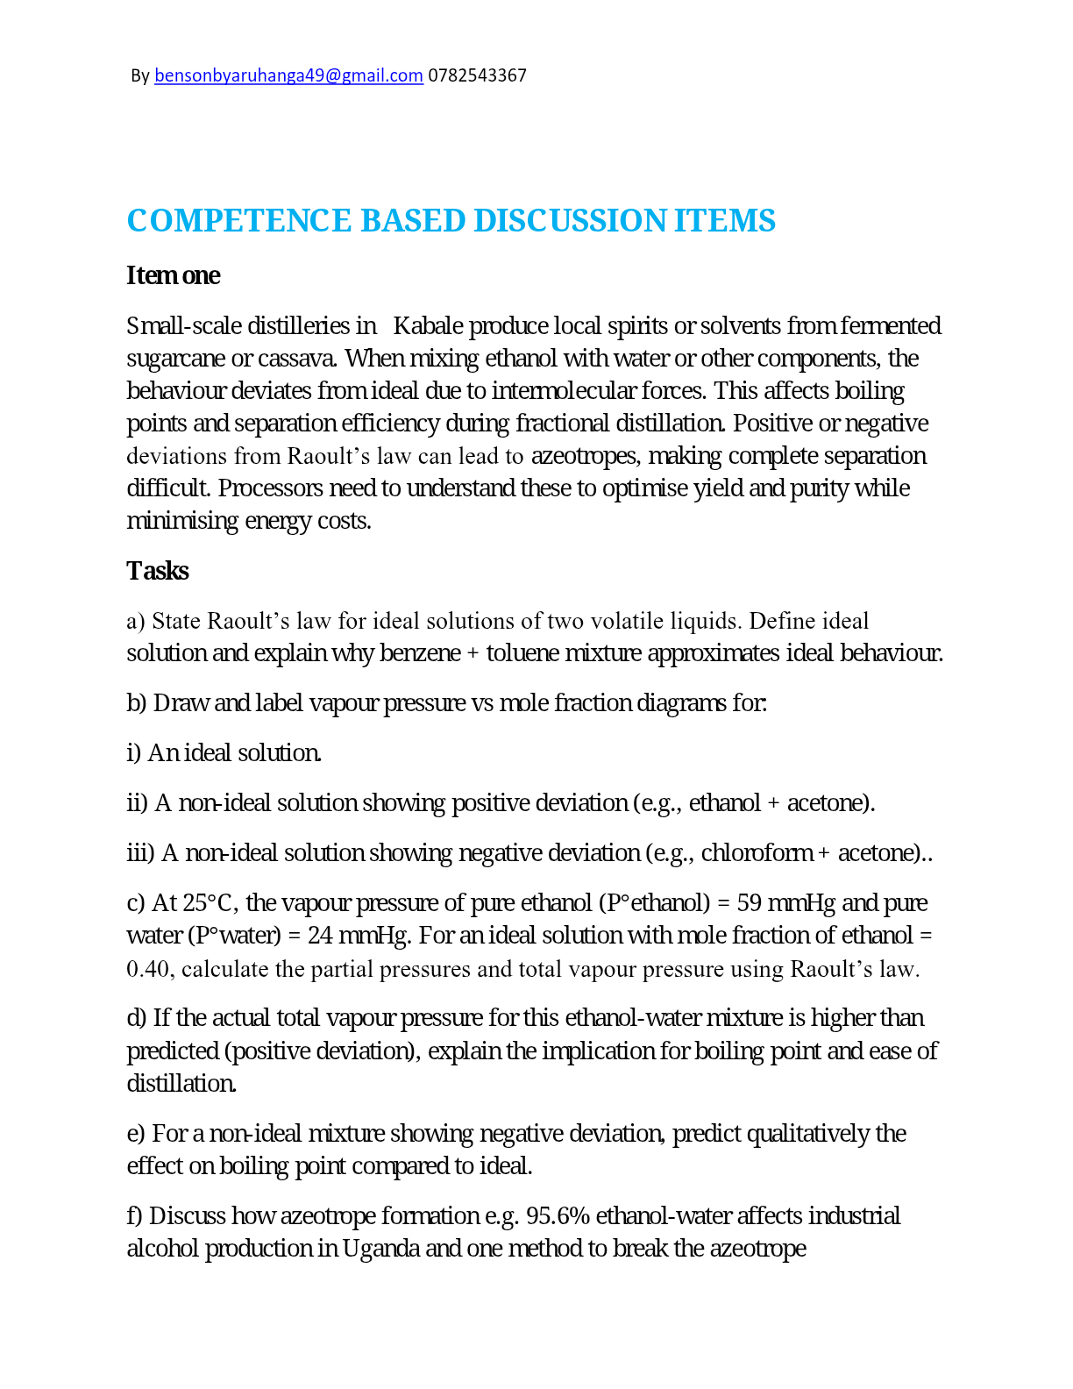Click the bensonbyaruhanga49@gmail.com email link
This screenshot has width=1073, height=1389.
288,76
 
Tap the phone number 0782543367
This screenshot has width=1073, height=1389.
477,76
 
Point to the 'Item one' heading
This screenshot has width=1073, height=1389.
174,275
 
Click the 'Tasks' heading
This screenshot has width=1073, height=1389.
158,571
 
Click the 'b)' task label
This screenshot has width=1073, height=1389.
137,703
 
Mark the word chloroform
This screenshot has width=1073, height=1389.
757,853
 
